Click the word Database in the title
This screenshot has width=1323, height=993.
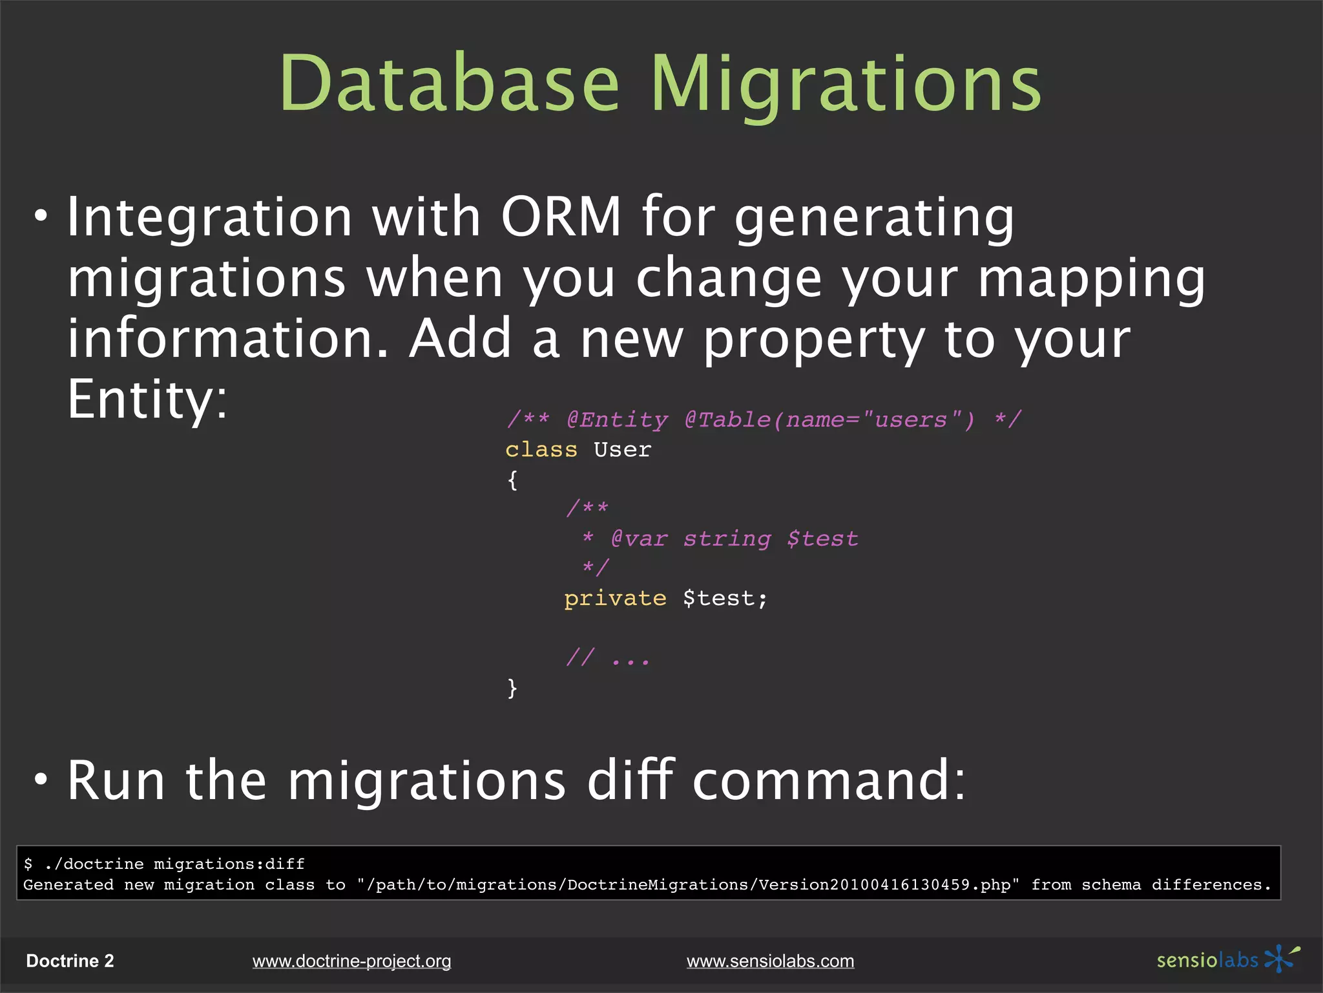(x=449, y=84)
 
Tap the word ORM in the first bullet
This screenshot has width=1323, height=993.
(x=561, y=217)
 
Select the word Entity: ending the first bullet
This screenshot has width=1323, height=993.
(x=147, y=400)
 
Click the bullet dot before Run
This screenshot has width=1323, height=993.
(x=41, y=780)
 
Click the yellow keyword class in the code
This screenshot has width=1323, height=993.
(x=541, y=449)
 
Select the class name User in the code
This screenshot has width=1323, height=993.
(x=622, y=449)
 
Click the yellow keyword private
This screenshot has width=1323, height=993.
(x=615, y=599)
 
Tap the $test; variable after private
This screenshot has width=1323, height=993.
(x=725, y=599)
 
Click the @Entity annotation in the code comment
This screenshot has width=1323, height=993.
(x=617, y=420)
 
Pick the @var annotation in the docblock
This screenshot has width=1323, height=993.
(x=639, y=539)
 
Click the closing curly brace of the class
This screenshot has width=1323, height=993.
(x=512, y=688)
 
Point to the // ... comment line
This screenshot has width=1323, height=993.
(x=607, y=659)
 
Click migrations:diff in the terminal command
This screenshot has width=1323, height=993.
(x=229, y=864)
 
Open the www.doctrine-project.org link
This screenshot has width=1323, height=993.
(x=351, y=961)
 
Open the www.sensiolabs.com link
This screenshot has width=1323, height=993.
(x=770, y=961)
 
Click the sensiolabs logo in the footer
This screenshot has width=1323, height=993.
(x=1227, y=959)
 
